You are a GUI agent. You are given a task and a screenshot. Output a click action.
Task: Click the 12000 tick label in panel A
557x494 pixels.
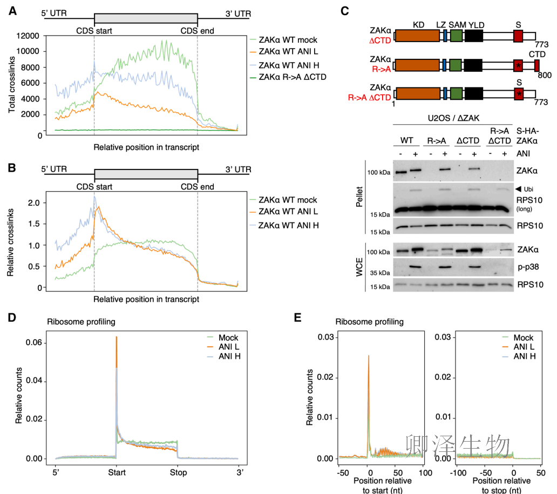[28, 36]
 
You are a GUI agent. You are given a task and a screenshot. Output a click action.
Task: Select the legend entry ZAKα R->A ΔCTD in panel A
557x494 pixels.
[288, 77]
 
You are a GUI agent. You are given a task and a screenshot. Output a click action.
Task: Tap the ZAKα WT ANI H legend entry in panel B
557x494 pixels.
[284, 225]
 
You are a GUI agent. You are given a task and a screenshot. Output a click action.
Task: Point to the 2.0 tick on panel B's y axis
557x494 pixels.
[34, 202]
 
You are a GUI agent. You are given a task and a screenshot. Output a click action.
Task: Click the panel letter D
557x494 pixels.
[12, 317]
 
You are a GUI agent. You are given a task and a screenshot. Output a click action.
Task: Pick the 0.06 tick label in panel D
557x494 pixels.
[34, 342]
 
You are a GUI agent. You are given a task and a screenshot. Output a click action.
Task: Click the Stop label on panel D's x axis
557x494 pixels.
[178, 472]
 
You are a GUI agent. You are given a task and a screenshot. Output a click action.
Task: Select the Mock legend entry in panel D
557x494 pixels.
[223, 337]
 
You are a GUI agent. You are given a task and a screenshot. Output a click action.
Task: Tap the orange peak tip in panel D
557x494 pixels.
[117, 336]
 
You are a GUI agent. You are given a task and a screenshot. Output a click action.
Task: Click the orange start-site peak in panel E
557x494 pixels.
[369, 355]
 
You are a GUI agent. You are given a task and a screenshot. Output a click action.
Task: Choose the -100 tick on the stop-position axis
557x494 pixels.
[458, 473]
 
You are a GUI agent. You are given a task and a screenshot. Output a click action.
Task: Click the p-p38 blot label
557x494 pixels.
[528, 267]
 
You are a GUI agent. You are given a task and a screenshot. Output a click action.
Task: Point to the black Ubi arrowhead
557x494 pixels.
[518, 189]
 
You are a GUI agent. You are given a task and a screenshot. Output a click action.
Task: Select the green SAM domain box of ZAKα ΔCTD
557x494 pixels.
[456, 36]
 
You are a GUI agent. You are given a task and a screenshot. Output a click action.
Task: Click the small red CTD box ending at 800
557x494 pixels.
[536, 65]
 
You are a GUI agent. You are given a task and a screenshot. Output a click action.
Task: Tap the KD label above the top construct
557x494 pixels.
[418, 25]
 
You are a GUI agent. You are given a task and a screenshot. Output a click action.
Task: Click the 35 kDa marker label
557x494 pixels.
[380, 273]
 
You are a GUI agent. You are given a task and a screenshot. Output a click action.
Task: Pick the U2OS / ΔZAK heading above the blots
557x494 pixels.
[453, 118]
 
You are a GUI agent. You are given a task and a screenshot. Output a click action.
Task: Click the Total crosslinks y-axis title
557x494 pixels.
[12, 85]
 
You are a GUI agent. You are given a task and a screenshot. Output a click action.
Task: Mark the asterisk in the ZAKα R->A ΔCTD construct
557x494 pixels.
[519, 94]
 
